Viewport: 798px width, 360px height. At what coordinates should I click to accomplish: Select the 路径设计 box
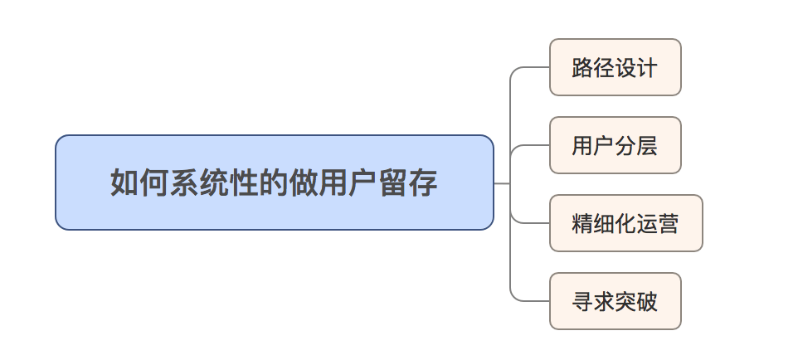[x=615, y=67]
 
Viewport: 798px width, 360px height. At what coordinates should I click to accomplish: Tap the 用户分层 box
[x=615, y=145]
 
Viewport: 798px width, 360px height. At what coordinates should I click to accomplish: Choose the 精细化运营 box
[x=625, y=223]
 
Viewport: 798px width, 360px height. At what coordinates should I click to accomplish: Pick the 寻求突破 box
[x=615, y=301]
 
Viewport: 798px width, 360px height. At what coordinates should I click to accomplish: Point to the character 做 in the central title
[x=303, y=182]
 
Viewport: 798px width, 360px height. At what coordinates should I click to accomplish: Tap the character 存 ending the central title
[x=423, y=182]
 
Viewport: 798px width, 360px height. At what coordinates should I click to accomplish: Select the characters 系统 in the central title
[x=198, y=182]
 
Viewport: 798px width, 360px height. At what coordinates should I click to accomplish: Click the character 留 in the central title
[x=393, y=182]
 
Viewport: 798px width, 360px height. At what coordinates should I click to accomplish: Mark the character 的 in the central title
[x=273, y=182]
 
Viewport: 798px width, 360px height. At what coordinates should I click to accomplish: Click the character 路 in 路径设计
[x=582, y=67]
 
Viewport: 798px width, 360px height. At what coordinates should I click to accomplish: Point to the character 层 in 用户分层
[x=647, y=145]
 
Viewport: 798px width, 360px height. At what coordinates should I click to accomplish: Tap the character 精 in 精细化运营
[x=582, y=223]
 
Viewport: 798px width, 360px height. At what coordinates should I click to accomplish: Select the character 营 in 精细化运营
[x=669, y=223]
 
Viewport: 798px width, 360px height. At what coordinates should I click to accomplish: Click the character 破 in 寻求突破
[x=647, y=301]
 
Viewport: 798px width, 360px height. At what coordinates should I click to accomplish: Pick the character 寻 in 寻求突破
[x=582, y=301]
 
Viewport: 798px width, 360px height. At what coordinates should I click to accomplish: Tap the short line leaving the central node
[x=502, y=182]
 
